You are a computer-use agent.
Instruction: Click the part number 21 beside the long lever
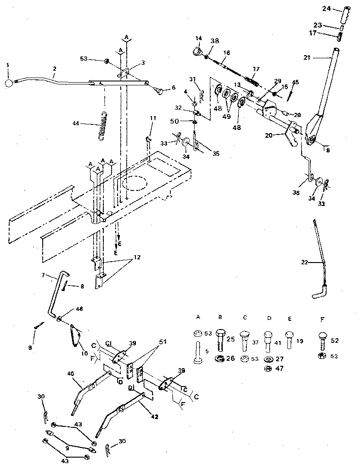click(308, 58)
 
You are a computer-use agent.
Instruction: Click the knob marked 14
click(198, 51)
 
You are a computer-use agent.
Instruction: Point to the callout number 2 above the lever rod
click(54, 69)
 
